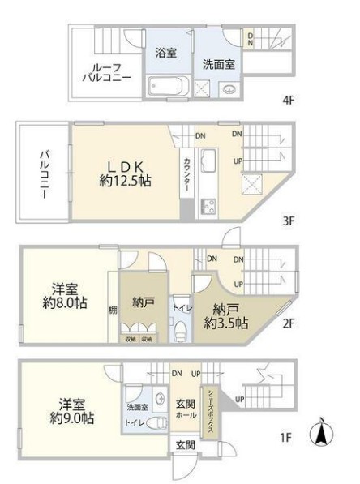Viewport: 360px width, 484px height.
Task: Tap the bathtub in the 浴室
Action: pyautogui.click(x=165, y=84)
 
